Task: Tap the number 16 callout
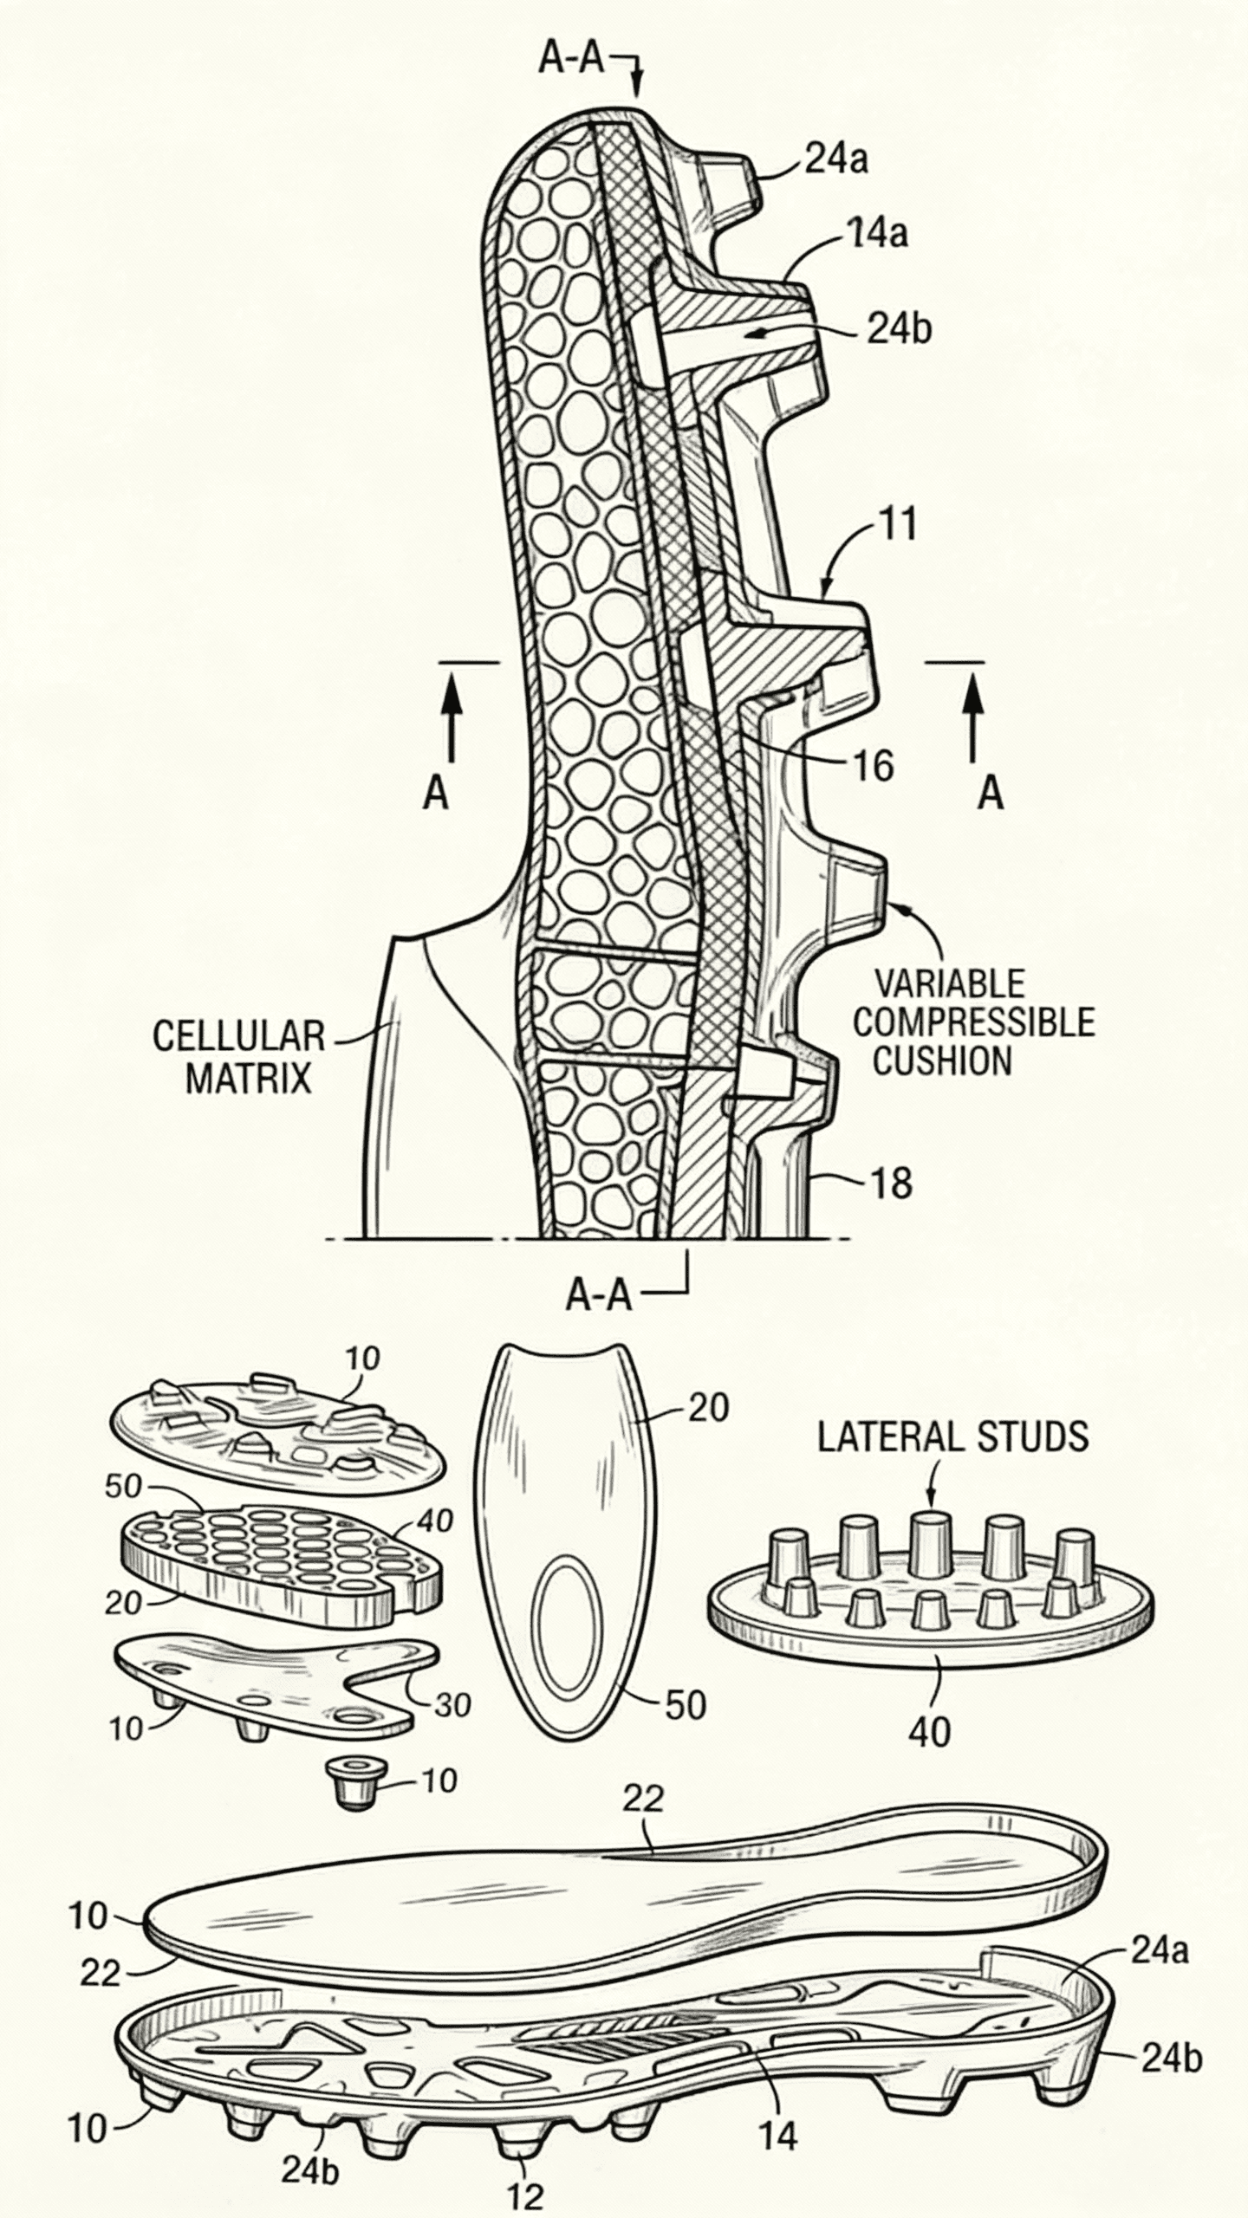pyautogui.click(x=872, y=765)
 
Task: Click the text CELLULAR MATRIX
pyautogui.click(x=239, y=1057)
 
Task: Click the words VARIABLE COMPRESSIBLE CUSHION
pyautogui.click(x=972, y=1022)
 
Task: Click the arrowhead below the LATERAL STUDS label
pyautogui.click(x=932, y=1498)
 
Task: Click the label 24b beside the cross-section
pyautogui.click(x=899, y=330)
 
